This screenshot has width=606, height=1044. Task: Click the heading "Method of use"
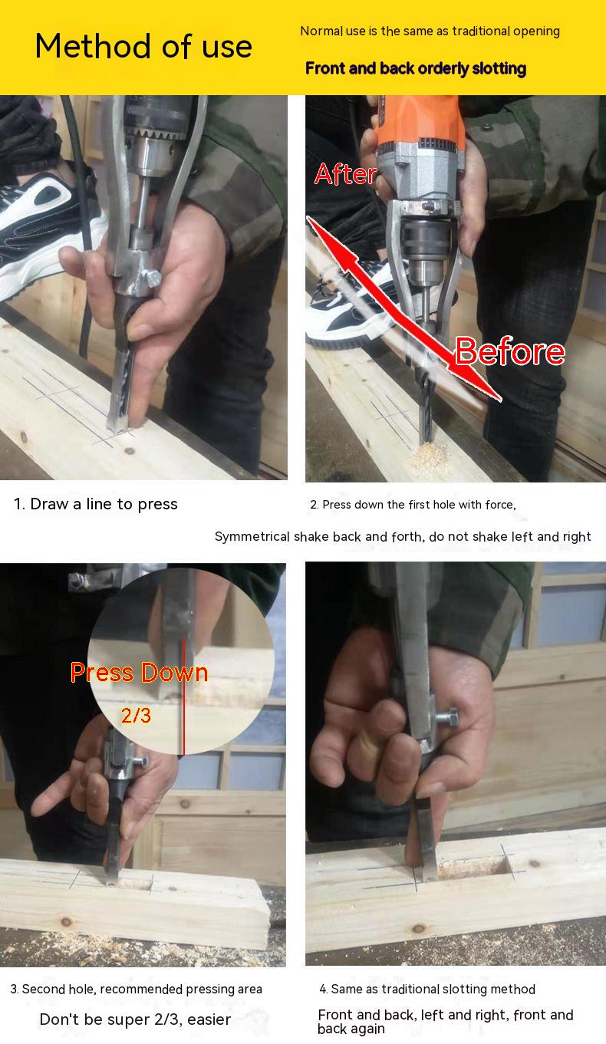[143, 46]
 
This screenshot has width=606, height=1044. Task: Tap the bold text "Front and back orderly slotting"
[416, 68]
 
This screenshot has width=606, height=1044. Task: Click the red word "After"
[345, 174]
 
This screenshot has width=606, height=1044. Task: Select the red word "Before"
[509, 351]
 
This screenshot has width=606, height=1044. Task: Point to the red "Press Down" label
[139, 673]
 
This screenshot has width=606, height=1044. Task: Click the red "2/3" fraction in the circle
[136, 716]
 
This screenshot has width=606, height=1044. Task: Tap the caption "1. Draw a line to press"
[96, 504]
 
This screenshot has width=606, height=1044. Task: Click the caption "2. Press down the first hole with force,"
[413, 505]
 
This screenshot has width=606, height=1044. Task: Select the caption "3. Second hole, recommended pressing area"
[136, 989]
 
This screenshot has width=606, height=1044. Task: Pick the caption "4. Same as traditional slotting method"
[427, 989]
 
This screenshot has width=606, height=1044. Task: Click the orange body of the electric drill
[420, 120]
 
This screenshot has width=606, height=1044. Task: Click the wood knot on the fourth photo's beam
[419, 928]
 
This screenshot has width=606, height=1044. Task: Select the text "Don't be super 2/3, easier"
[135, 1019]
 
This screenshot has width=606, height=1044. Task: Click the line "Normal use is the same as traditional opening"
[430, 31]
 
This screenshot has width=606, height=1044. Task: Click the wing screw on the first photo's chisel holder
[152, 278]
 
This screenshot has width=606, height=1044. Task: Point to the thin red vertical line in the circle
[183, 697]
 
